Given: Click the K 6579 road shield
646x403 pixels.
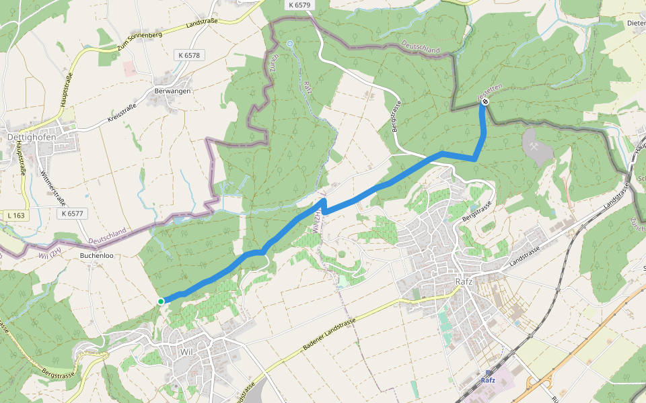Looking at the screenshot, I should click(x=299, y=5).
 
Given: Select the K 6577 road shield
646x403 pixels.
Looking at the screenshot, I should click(x=71, y=214).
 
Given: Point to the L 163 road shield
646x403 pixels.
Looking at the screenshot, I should click(x=17, y=215).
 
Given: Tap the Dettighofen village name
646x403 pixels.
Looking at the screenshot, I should click(x=31, y=136).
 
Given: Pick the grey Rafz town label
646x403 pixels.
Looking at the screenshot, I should click(x=464, y=281).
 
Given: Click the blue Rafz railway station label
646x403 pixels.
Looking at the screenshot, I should click(x=489, y=381).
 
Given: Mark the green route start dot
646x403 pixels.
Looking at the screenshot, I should click(x=161, y=301).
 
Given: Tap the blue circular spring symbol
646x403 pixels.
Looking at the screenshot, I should click(x=290, y=44).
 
